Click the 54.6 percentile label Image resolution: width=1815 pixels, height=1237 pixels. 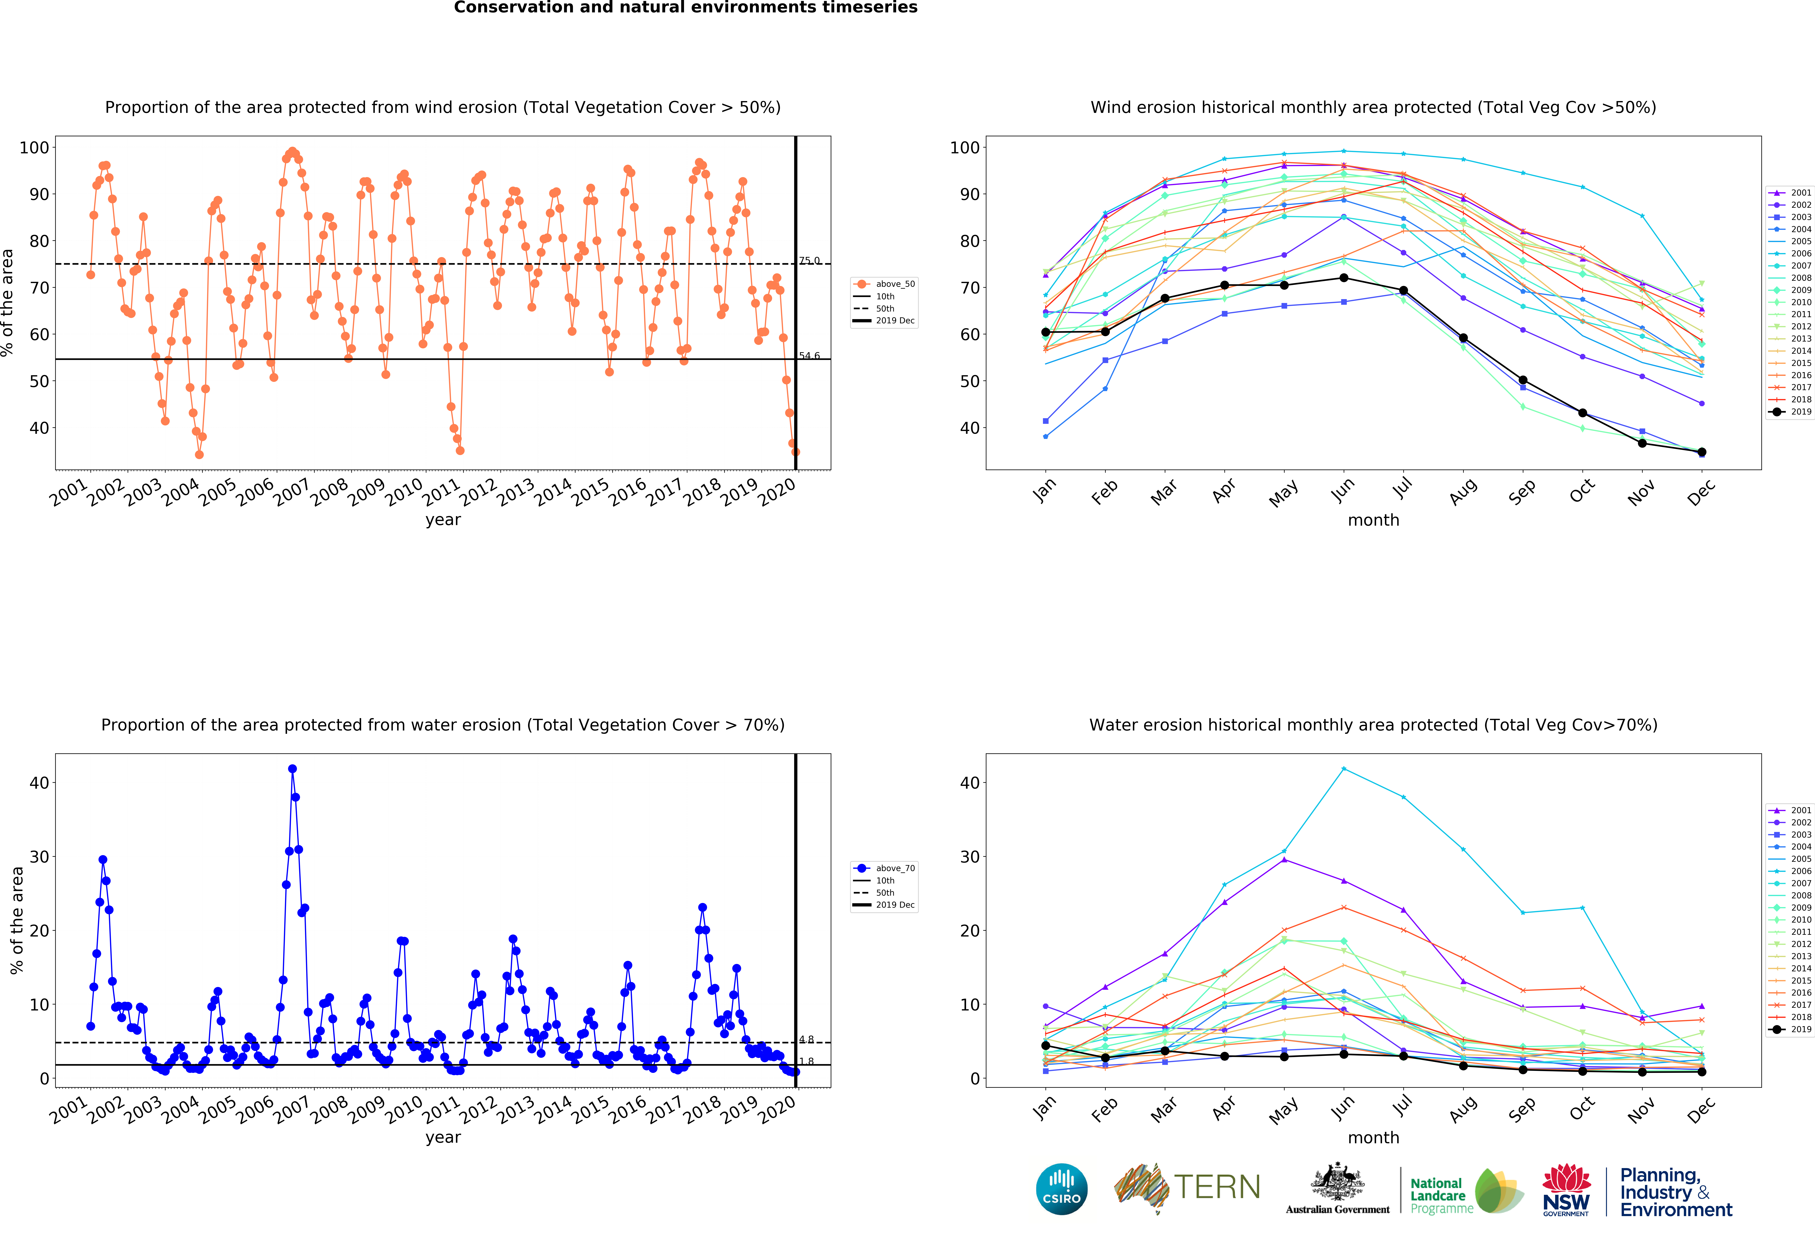coord(809,356)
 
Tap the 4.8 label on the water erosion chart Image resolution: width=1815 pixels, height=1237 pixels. coord(806,1040)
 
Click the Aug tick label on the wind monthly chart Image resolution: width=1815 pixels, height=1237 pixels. coord(1462,492)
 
